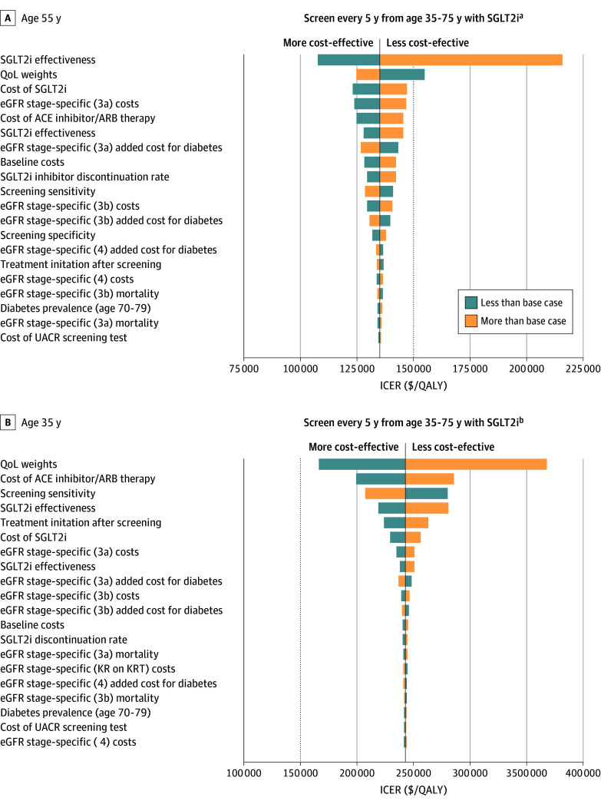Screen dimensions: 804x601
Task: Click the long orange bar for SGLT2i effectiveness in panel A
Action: click(x=471, y=60)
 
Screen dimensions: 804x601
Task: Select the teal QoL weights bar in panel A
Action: click(x=402, y=74)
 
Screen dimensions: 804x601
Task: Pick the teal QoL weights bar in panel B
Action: click(x=362, y=464)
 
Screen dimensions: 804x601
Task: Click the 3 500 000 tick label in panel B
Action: click(x=526, y=772)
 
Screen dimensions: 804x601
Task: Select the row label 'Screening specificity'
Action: click(x=48, y=235)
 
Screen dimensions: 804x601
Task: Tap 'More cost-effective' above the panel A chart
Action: click(x=329, y=43)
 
